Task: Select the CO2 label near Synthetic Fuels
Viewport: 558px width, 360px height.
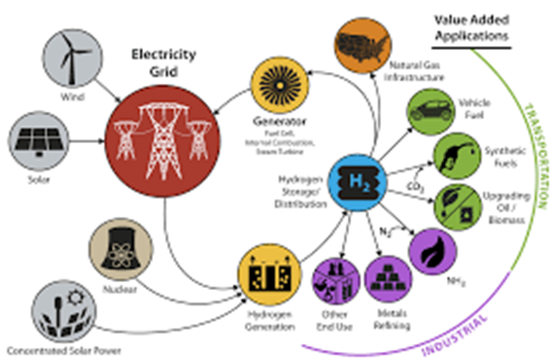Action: (x=414, y=186)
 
